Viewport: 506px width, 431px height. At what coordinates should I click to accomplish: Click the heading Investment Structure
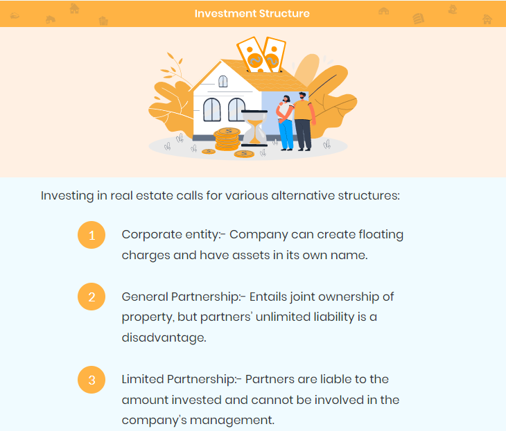[252, 14]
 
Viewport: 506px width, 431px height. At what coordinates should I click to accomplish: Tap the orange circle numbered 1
[91, 235]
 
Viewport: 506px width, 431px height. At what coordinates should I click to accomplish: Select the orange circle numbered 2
[91, 297]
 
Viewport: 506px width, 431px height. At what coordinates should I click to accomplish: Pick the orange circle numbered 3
[91, 380]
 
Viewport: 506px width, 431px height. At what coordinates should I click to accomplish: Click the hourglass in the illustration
[254, 128]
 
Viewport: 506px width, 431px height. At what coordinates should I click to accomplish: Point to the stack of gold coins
[227, 139]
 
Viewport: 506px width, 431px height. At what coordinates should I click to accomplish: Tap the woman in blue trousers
[286, 123]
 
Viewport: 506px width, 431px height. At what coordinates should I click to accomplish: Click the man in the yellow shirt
[304, 122]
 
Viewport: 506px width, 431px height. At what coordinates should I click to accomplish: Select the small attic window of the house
[223, 81]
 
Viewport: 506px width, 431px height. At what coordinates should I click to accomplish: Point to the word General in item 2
[145, 297]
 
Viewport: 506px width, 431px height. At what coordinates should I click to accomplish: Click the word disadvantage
[164, 337]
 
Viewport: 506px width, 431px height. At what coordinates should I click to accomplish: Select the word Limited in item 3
[143, 380]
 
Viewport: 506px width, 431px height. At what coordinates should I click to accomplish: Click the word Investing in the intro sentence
[67, 196]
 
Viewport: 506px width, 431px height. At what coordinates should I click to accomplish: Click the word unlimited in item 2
[279, 317]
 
